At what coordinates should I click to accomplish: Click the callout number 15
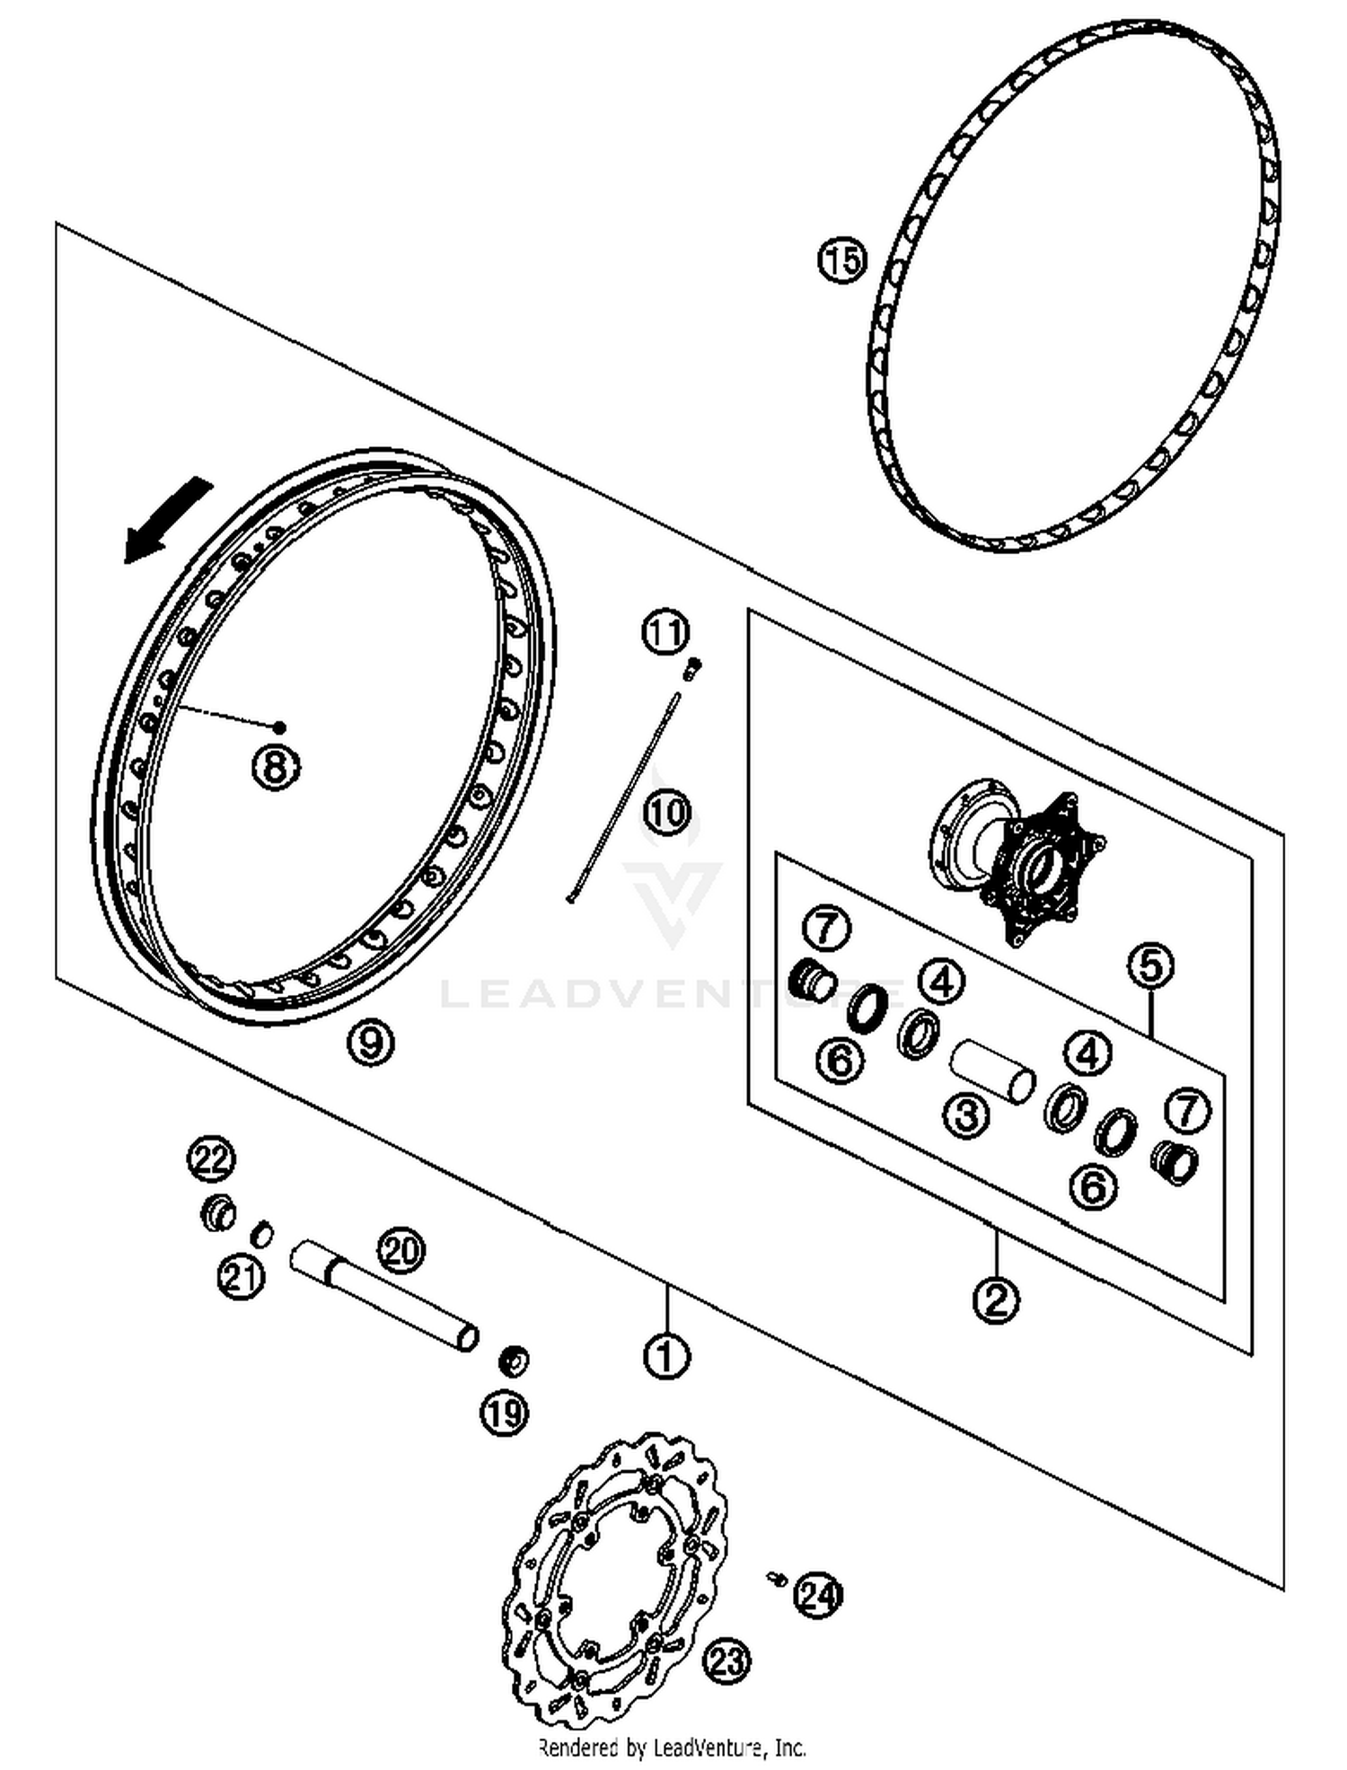841,261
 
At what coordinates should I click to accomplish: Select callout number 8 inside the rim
276,768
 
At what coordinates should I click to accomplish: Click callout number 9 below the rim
371,1042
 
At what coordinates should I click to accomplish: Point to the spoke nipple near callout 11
693,667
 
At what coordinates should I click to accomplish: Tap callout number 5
1151,966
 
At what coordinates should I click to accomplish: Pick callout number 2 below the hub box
996,1299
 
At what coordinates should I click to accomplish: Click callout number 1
666,1356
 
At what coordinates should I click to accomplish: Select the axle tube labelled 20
384,1293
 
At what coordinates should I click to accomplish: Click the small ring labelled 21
261,1233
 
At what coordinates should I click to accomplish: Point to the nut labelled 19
514,1361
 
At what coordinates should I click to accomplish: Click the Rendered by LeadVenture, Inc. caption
672,1748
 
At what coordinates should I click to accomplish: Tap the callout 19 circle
505,1413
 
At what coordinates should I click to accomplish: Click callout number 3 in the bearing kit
966,1116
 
